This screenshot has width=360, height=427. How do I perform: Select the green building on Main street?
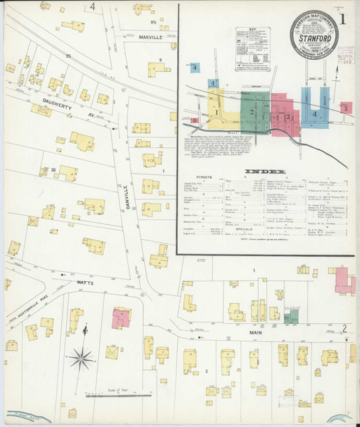point(292,317)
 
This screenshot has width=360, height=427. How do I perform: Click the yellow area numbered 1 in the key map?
point(216,110)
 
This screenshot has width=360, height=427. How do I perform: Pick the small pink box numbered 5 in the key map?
point(346,108)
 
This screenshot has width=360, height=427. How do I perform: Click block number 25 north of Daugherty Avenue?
point(69,55)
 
